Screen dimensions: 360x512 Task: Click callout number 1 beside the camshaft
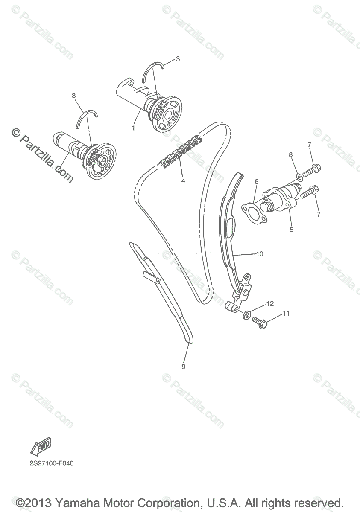click(134, 128)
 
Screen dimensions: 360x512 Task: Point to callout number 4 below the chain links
click(183, 181)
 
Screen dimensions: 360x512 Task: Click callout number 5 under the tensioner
click(292, 230)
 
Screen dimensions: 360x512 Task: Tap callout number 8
click(290, 154)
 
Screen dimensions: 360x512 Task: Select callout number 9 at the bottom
click(183, 366)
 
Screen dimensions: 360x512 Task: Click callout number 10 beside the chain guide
click(260, 254)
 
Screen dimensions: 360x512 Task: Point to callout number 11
click(286, 313)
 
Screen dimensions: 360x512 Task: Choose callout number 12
click(269, 304)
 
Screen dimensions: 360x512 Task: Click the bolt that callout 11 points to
click(258, 321)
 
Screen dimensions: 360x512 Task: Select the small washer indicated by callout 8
click(299, 176)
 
